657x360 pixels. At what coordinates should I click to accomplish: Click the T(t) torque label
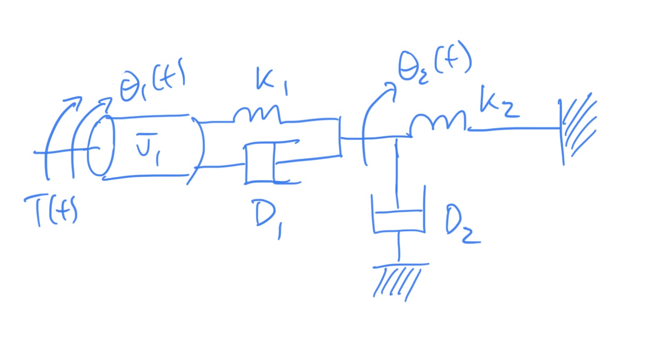[51, 211]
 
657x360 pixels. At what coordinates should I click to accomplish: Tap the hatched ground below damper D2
[397, 280]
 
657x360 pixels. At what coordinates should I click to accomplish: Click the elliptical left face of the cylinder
[100, 146]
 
